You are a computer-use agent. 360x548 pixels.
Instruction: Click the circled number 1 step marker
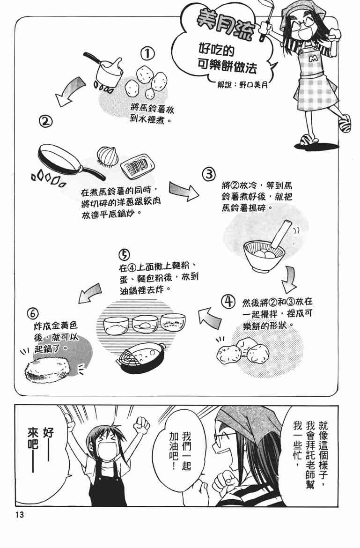(x=147, y=54)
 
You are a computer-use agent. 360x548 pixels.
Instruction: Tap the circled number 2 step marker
(x=45, y=122)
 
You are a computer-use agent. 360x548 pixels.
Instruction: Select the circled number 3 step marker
(x=208, y=174)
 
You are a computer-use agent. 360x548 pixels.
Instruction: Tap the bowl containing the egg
(x=145, y=325)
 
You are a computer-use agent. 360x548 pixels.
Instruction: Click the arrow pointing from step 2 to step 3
(x=184, y=190)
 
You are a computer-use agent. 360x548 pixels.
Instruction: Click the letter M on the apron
(x=314, y=59)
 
